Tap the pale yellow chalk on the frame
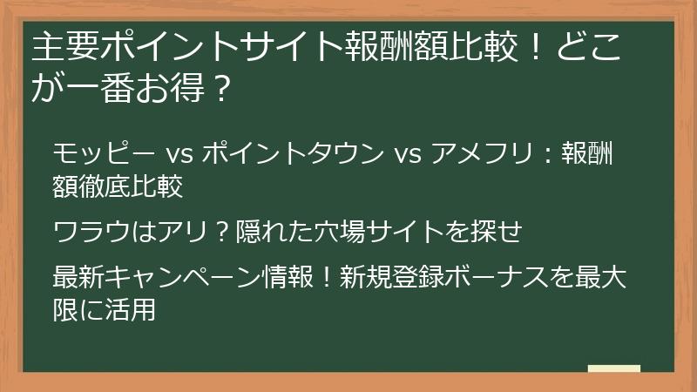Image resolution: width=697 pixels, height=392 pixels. tap(614, 368)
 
